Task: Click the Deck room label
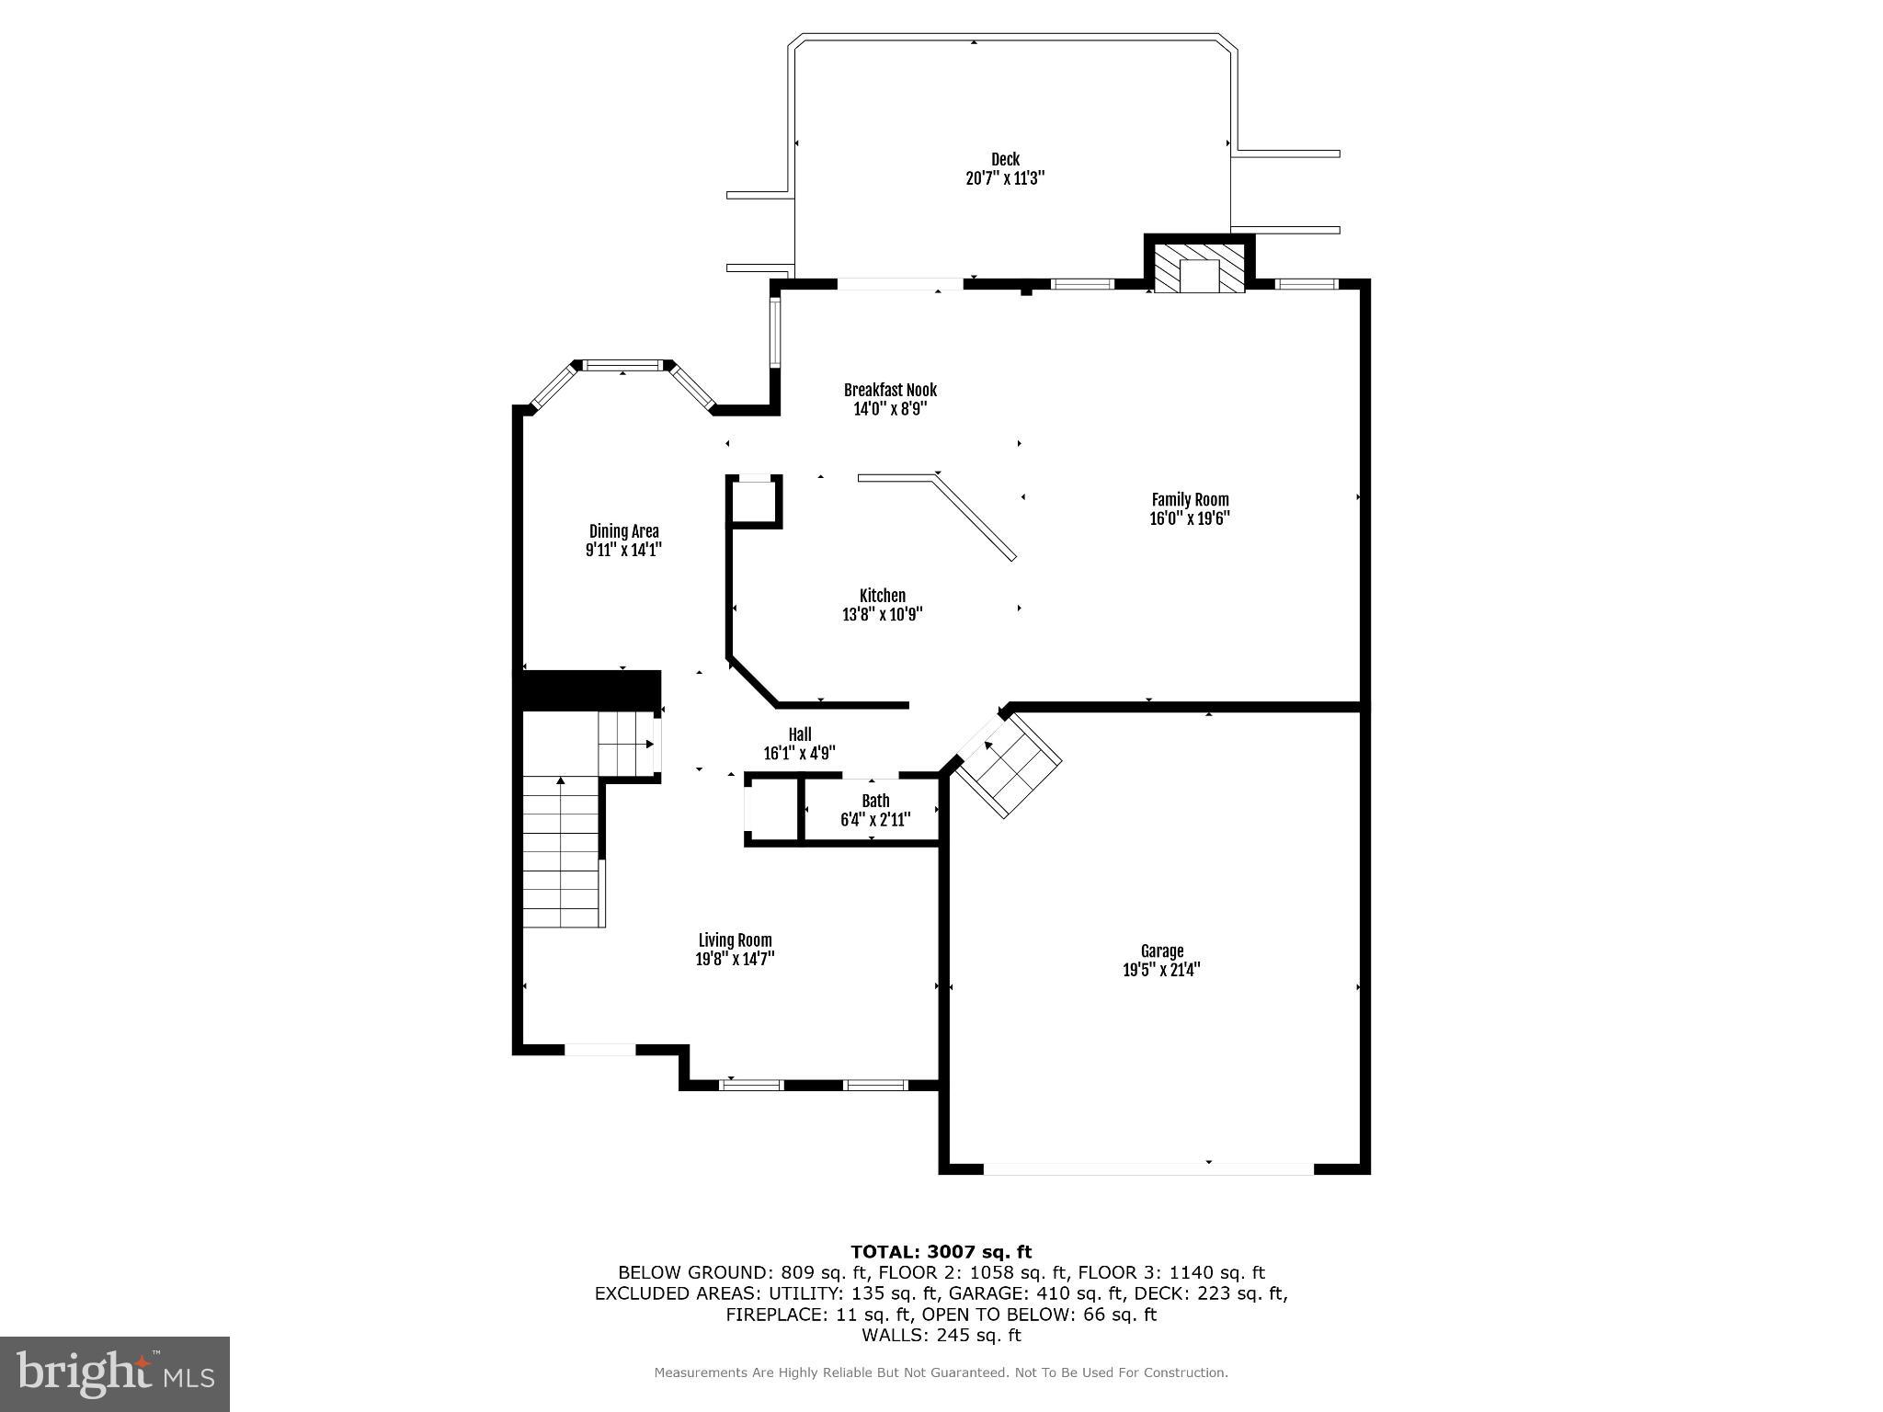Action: point(1005,159)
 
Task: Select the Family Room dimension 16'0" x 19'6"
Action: point(1190,518)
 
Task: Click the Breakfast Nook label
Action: point(890,390)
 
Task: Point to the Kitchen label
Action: point(882,596)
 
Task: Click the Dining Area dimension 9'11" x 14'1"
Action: point(623,551)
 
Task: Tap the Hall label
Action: point(799,734)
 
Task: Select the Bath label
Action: point(875,801)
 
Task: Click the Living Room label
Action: point(735,939)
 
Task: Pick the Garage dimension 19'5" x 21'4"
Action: point(1161,970)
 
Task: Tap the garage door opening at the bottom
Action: point(1148,1168)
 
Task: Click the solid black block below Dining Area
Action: point(589,689)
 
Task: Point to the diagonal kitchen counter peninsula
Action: point(975,518)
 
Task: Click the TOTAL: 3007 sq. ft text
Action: point(941,1251)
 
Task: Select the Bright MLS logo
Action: point(114,1373)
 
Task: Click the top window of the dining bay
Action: point(623,366)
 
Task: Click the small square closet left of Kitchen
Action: point(755,501)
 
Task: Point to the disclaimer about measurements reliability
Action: point(941,1372)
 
